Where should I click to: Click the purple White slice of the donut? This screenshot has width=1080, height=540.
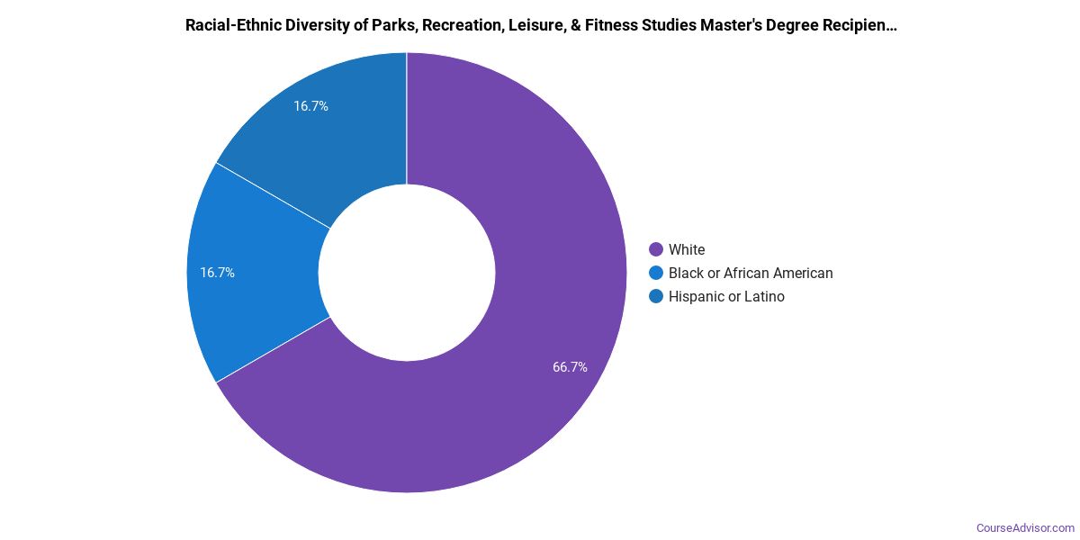tap(504, 378)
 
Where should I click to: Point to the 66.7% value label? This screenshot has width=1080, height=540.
tap(570, 367)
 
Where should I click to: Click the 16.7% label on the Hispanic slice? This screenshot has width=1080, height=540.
tap(310, 106)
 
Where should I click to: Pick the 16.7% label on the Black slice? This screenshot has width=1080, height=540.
tap(217, 273)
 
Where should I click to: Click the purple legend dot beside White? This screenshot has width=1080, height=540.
tap(656, 249)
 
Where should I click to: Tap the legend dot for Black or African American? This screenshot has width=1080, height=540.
tap(656, 273)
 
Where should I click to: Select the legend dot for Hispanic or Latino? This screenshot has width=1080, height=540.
tap(656, 296)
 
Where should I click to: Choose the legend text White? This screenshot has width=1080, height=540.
tap(687, 249)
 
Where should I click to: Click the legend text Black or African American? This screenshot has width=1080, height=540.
tap(751, 273)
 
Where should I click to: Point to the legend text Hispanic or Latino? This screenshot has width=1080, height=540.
tap(726, 296)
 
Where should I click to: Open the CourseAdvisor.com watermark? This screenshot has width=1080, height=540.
tap(1025, 527)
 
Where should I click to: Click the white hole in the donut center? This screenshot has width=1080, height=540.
tap(407, 273)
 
